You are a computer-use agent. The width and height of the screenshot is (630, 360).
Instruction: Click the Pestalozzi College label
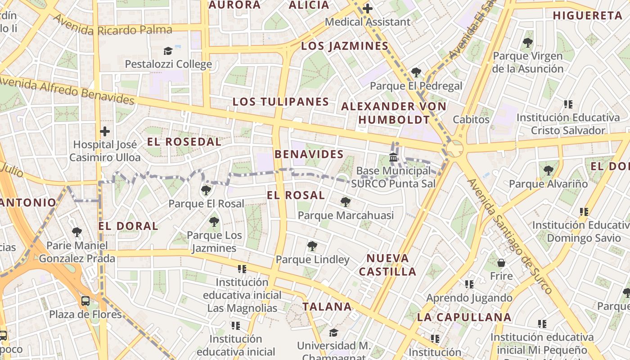168,64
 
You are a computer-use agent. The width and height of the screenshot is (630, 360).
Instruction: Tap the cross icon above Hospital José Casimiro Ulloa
104,131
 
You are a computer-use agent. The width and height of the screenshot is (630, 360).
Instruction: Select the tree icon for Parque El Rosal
206,190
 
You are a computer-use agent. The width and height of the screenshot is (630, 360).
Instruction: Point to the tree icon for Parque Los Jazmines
214,222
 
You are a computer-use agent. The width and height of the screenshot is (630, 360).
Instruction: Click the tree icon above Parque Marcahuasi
345,202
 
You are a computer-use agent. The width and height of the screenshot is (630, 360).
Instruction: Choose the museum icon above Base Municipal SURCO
393,157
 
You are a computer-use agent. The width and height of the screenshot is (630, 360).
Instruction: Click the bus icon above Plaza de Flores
85,301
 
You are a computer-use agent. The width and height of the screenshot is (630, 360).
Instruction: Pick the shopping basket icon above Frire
501,263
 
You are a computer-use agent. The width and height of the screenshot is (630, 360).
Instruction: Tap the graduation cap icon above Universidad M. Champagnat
333,333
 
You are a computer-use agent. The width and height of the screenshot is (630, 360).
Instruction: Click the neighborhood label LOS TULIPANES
281,102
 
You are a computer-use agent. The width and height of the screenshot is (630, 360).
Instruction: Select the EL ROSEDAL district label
184,142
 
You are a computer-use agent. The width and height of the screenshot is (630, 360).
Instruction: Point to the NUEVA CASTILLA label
387,265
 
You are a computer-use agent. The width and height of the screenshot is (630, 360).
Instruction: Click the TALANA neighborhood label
327,307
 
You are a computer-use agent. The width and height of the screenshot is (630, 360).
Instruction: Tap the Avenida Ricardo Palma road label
112,25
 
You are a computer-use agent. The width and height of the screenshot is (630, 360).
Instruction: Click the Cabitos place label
471,119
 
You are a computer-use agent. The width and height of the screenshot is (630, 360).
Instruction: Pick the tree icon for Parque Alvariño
548,171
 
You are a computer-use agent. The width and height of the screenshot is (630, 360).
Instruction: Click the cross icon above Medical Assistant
368,8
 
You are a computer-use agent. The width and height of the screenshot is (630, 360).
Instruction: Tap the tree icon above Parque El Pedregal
416,72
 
